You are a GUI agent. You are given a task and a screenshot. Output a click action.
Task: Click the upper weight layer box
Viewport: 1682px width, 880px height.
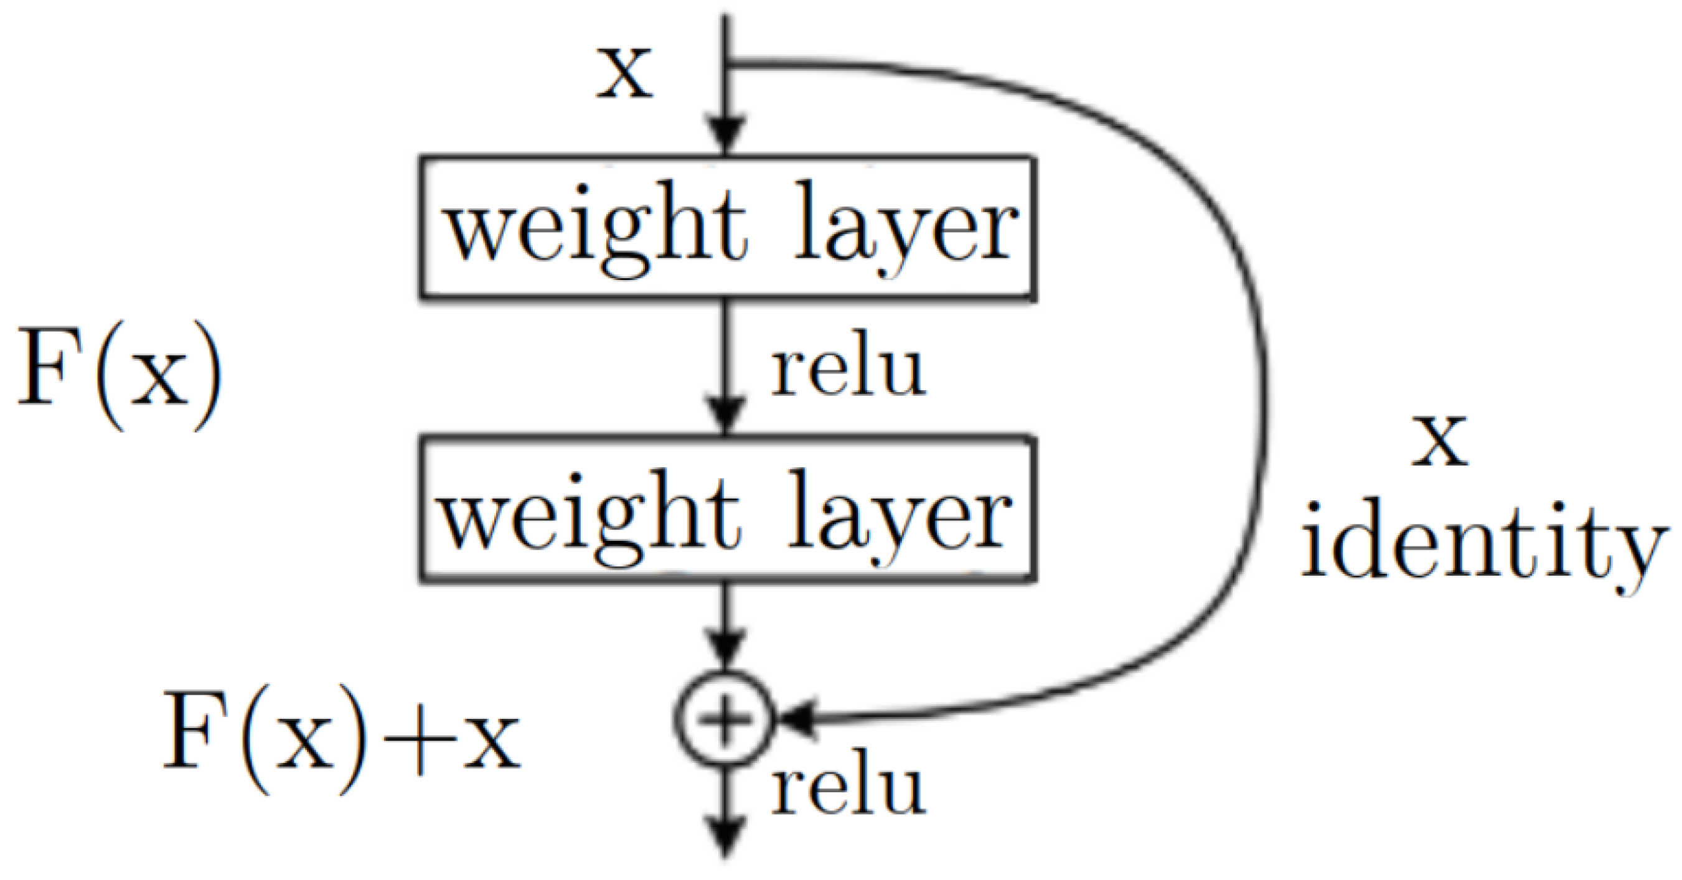(726, 228)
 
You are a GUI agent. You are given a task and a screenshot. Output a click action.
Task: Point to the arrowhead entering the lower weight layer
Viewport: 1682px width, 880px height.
(725, 415)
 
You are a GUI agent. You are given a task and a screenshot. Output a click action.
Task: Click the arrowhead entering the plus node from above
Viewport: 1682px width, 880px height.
(725, 646)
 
